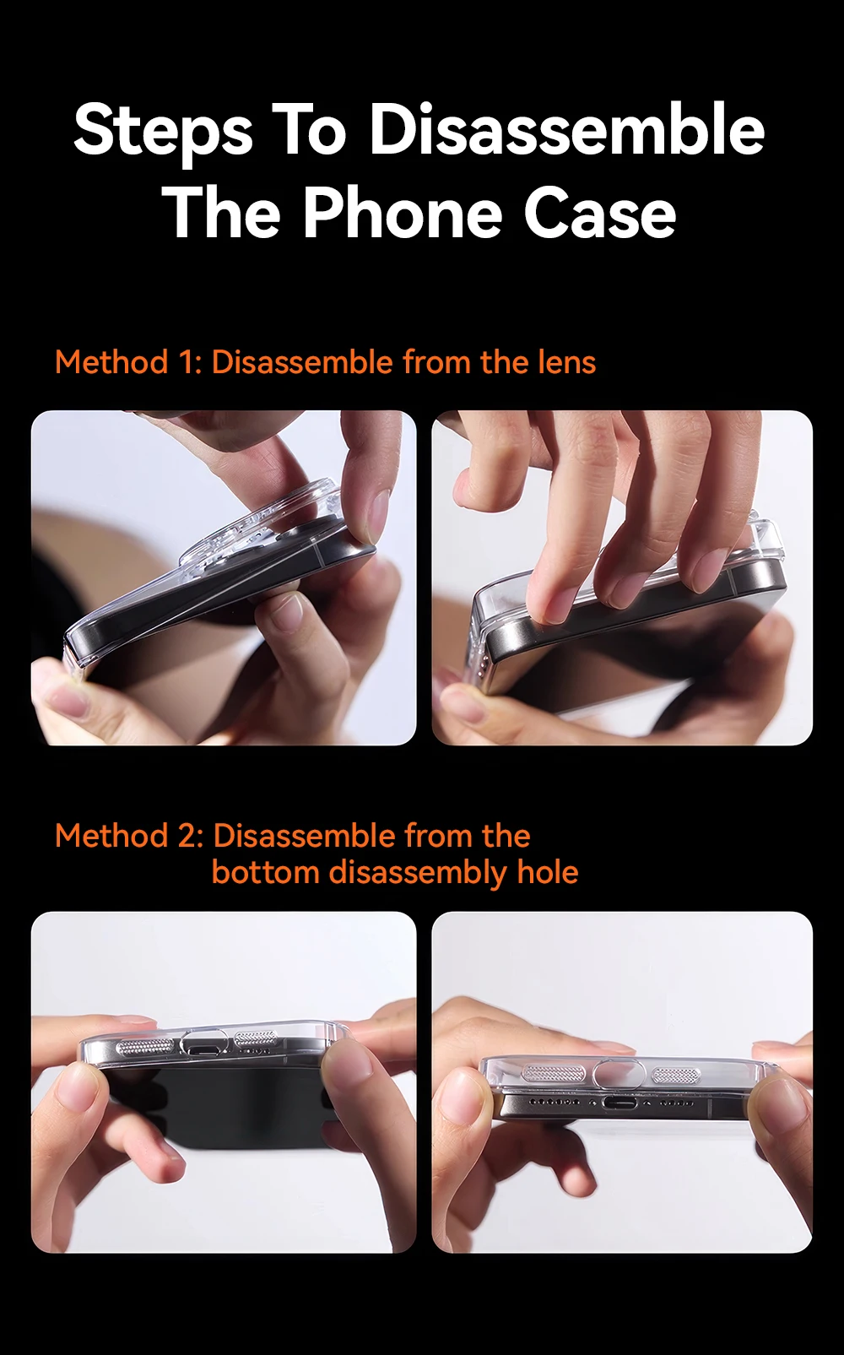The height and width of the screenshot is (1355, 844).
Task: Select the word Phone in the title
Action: pyautogui.click(x=402, y=214)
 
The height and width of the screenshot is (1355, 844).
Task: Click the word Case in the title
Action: pyautogui.click(x=600, y=214)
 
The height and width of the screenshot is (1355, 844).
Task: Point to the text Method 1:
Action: pyautogui.click(x=129, y=361)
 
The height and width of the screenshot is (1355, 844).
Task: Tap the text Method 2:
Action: pyautogui.click(x=129, y=836)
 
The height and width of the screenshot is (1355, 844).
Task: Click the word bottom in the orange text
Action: pyautogui.click(x=265, y=872)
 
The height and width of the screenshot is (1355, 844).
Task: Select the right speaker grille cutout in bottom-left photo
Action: pyautogui.click(x=256, y=1038)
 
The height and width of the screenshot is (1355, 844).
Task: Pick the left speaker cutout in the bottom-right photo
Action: pyautogui.click(x=553, y=1072)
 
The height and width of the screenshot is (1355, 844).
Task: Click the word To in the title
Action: pyautogui.click(x=308, y=129)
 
